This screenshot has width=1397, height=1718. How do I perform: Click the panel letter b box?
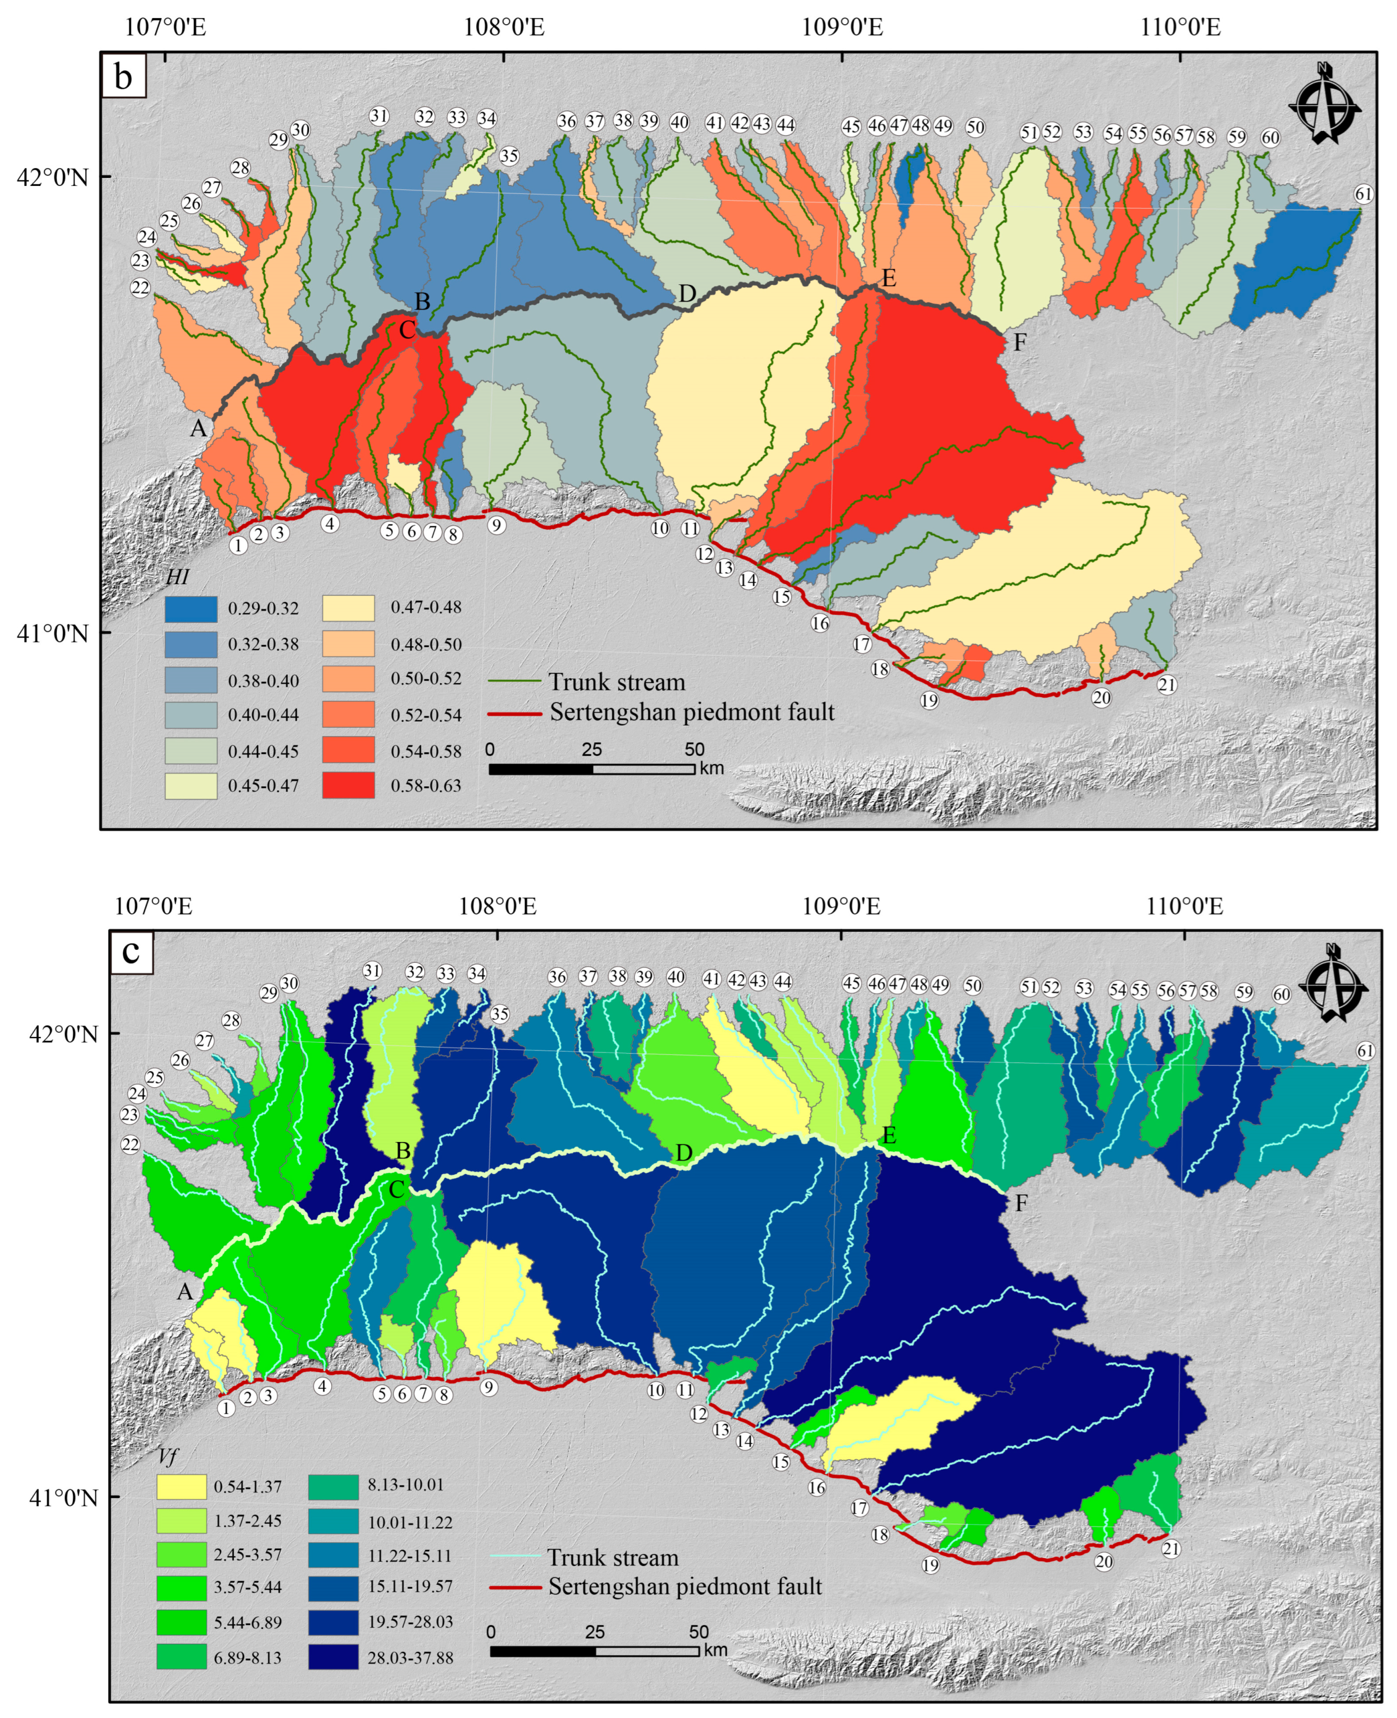coord(123,76)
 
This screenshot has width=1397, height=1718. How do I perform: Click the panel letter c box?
coord(131,951)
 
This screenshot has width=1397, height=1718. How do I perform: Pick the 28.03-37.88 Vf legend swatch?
coord(333,1657)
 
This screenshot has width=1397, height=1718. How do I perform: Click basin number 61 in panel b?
coord(1362,194)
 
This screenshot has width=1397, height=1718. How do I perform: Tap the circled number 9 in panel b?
coord(496,525)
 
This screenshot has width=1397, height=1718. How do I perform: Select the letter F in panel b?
coord(1020,342)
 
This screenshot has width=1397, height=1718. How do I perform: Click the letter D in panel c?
coord(683,1153)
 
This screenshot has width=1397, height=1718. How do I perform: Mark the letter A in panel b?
coord(198,428)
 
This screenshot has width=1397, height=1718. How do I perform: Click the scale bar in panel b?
coord(591,769)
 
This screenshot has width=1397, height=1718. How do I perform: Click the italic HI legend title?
coord(177,577)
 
